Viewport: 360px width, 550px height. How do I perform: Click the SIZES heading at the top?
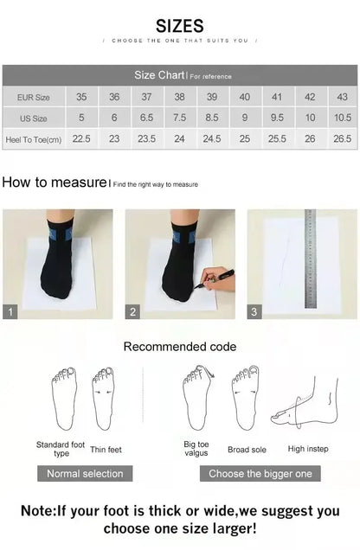180,26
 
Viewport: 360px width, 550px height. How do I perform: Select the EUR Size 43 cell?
342,97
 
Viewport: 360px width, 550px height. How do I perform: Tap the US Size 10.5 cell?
342,118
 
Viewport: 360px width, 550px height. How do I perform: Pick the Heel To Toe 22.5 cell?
81,138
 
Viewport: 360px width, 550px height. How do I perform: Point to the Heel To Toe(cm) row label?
33,138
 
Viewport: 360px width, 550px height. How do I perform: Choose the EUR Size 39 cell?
212,97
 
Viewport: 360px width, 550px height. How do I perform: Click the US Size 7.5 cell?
179,118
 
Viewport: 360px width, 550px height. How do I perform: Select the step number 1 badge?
10,311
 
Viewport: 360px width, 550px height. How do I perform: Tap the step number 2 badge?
133,311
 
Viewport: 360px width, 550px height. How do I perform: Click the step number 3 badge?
254,311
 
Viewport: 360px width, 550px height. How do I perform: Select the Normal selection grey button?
85,473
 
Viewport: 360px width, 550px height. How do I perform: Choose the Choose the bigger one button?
260,473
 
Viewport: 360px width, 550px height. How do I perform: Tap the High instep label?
309,449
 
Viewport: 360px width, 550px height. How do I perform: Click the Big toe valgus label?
196,449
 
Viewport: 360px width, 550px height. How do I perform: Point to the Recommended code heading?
179,347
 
